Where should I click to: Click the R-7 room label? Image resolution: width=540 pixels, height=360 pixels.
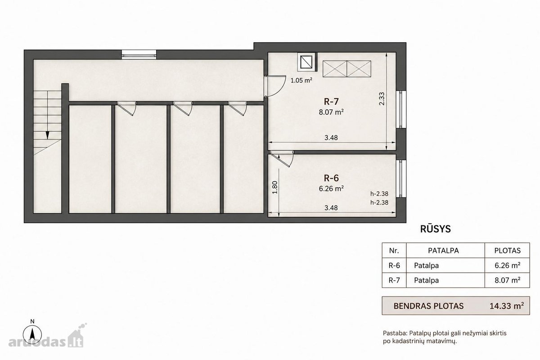tap(331, 102)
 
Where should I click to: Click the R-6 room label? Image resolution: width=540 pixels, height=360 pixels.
tap(331, 178)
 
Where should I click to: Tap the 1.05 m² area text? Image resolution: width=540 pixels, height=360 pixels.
tap(301, 80)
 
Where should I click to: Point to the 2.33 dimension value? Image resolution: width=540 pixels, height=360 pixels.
tap(382, 99)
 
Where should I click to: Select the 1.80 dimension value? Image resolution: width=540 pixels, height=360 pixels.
tap(275, 187)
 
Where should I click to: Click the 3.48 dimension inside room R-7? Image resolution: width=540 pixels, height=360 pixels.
tap(331, 138)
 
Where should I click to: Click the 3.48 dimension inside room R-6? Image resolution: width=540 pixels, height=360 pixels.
tap(331, 207)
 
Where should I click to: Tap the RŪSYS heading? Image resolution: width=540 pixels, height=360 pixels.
tap(436, 229)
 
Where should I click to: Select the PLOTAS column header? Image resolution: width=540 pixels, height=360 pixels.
tap(508, 251)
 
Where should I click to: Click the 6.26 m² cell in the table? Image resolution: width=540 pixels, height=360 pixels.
tap(508, 265)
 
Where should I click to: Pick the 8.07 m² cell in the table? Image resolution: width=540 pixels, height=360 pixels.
tap(508, 280)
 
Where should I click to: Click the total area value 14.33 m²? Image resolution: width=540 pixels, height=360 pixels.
tap(507, 306)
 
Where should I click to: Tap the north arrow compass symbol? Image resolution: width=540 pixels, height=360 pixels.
tap(32, 334)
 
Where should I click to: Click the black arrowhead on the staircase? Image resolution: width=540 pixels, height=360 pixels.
tap(48, 135)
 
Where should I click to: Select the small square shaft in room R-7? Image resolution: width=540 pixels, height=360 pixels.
tap(307, 62)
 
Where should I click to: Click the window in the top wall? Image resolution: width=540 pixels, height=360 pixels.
tap(139, 54)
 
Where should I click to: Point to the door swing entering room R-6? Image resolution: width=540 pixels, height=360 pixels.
tap(282, 159)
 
